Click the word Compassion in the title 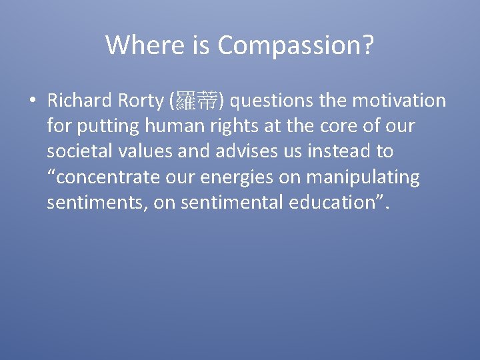point(289,45)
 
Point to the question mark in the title point(367,45)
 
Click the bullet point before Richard point(31,101)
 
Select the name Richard point(78,101)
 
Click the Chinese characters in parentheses point(197,101)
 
